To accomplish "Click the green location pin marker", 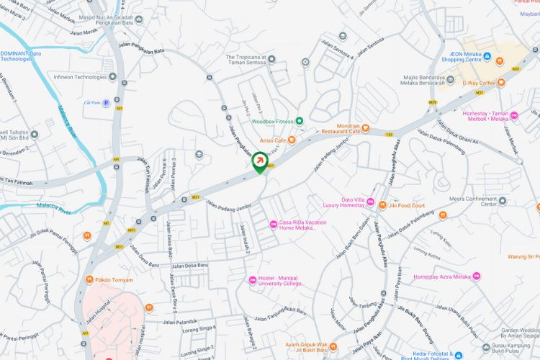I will tap(259, 164).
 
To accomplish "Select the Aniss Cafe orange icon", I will tap(292, 140).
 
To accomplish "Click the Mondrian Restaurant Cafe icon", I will tap(366, 129).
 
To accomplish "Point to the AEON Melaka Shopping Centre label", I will tap(461, 57).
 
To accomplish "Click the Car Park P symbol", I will tap(106, 103).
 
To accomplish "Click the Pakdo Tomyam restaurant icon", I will tap(89, 279).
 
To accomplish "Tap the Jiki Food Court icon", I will tap(382, 205).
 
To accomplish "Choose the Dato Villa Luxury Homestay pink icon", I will tap(370, 202).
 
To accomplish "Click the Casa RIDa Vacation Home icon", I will tap(273, 225).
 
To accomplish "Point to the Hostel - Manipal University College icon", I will tap(252, 280).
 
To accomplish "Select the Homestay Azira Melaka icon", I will tap(476, 276).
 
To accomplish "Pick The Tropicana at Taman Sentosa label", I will tap(246, 60).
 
